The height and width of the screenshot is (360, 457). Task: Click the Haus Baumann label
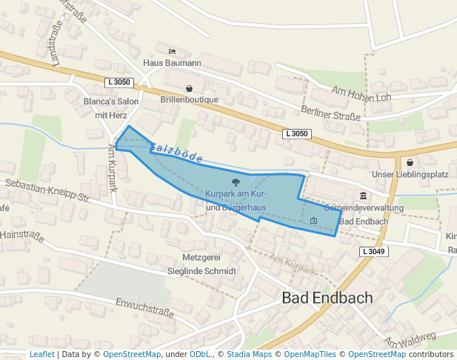(172, 64)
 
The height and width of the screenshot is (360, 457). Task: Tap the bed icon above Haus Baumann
(172, 52)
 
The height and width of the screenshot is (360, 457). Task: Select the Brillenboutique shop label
(189, 100)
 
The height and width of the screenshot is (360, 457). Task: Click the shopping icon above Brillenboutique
(189, 88)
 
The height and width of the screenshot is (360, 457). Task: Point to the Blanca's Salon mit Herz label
(111, 108)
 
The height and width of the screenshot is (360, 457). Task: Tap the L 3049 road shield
(374, 252)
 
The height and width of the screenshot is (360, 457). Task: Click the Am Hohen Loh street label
(361, 94)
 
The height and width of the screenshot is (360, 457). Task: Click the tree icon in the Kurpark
(236, 181)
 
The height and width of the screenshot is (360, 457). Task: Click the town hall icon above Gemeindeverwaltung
(363, 196)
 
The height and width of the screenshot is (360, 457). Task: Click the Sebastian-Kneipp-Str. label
(47, 191)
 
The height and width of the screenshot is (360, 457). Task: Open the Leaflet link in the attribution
(41, 354)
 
